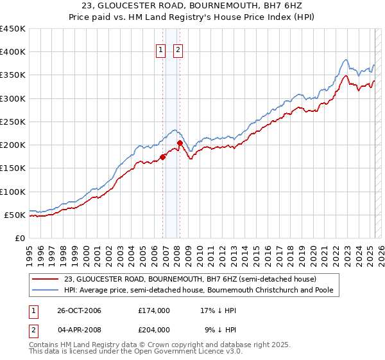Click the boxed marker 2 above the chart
point(178,52)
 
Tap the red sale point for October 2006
point(163,156)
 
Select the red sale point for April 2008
point(180,143)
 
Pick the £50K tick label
point(15,215)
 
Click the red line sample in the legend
point(46,279)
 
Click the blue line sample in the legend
point(46,290)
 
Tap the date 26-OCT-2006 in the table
point(75,310)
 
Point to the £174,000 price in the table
point(154,310)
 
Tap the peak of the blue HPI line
point(346,60)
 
